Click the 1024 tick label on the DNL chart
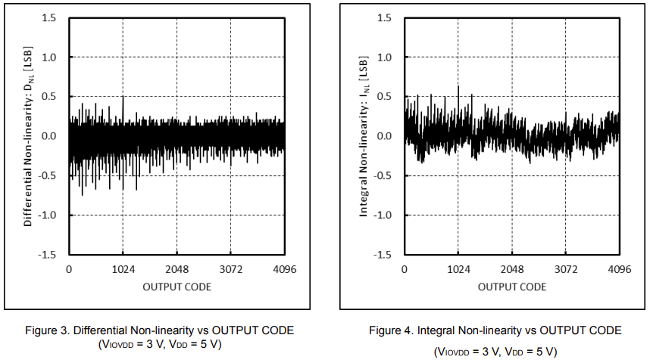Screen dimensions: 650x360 123,269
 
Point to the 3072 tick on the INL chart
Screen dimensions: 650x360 566,269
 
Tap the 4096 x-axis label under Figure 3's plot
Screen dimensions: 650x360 285,269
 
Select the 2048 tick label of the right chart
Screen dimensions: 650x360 512,269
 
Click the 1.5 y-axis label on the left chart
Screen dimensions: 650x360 49,18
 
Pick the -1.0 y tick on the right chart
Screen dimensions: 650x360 383,214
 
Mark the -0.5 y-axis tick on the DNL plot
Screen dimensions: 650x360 47,175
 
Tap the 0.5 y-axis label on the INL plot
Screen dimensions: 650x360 384,97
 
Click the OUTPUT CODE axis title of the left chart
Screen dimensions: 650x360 177,287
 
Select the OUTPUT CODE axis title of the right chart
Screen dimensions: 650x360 512,287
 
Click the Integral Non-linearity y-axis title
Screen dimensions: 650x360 363,136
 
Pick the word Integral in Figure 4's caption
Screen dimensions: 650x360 433,331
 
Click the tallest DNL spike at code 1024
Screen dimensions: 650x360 123,98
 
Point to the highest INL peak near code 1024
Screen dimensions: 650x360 458,86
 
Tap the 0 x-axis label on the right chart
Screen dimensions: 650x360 405,269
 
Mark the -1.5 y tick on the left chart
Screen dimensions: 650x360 47,254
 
